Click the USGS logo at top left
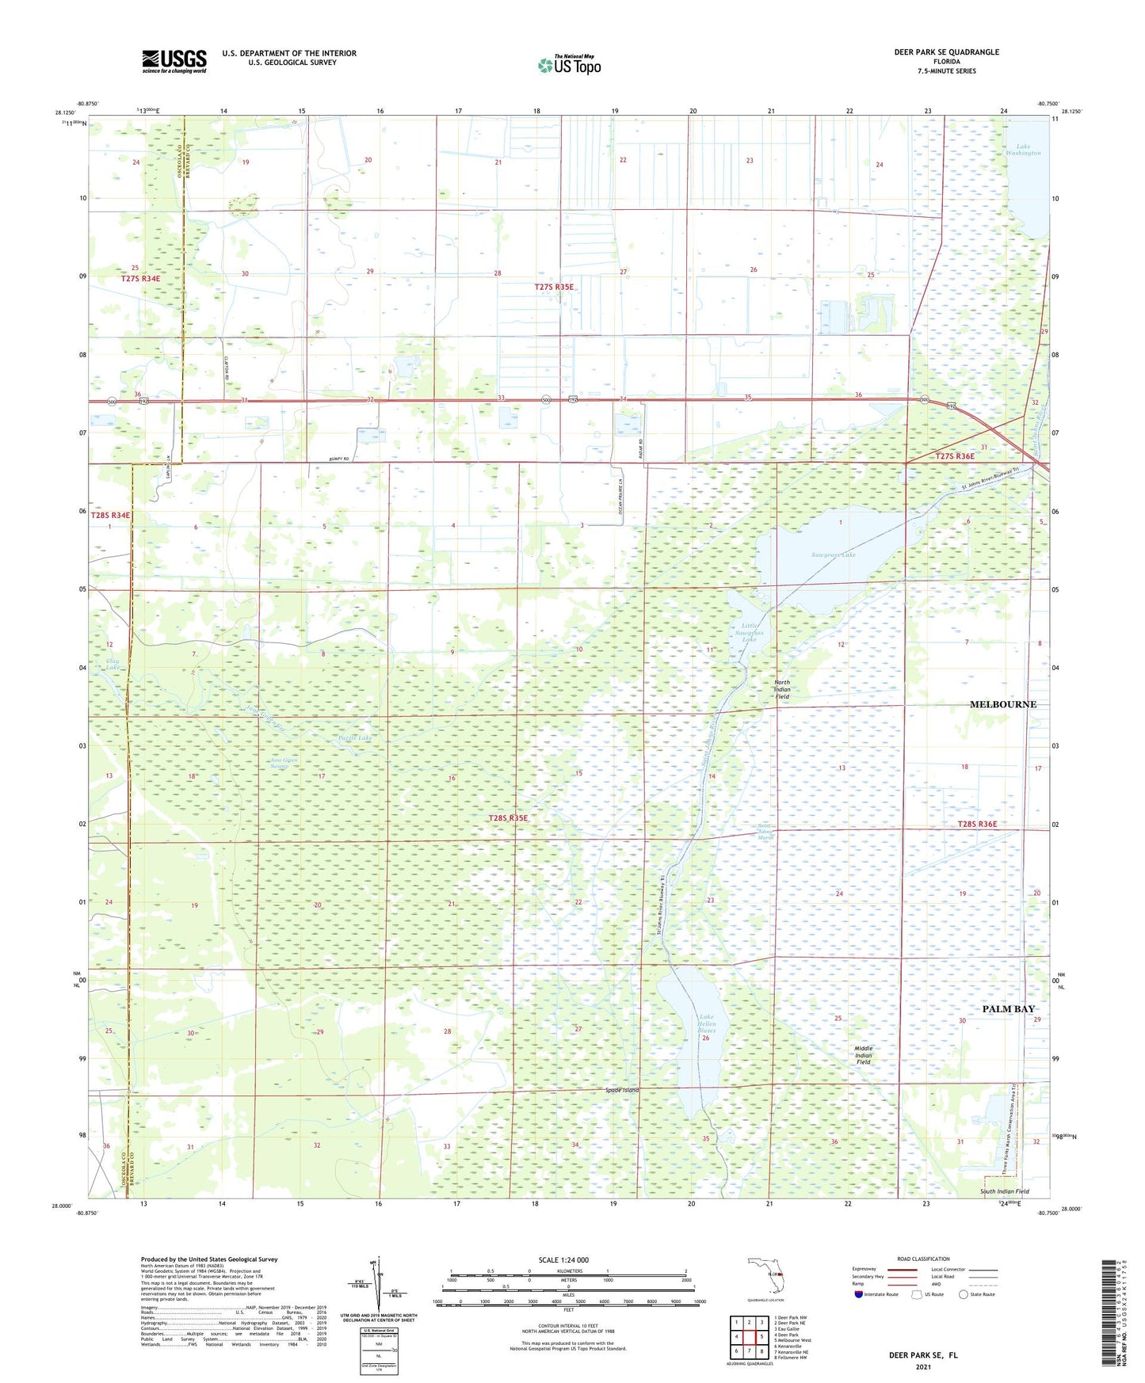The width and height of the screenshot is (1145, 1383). tap(174, 61)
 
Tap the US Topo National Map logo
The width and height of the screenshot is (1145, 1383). tap(569, 65)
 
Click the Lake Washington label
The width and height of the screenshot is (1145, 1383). tap(1022, 149)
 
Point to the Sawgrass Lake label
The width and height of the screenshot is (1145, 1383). tap(833, 554)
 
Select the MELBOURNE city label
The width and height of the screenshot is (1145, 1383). tap(1002, 704)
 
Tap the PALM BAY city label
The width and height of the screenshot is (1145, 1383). tap(1008, 1009)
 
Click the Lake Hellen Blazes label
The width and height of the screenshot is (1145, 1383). tap(707, 1024)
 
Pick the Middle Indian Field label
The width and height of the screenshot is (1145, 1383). tap(863, 1055)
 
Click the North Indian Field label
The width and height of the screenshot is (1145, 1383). tap(781, 689)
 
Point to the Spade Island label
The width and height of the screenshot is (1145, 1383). tap(621, 1090)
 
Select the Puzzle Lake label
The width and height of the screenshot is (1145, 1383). tap(354, 737)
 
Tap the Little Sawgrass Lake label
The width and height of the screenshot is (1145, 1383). tap(749, 632)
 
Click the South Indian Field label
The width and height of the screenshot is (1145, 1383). tap(1004, 1191)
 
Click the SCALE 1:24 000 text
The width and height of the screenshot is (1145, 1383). tap(563, 1259)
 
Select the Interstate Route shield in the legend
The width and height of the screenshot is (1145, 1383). tap(859, 1294)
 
